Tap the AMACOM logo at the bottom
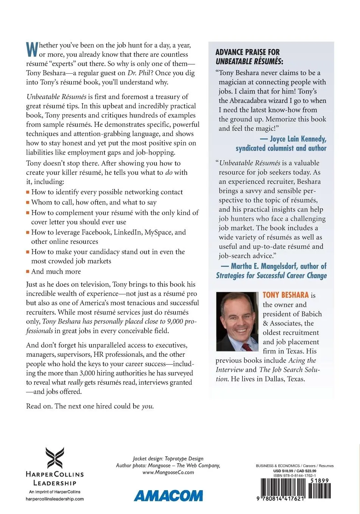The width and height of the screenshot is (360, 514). pyautogui.click(x=168, y=495)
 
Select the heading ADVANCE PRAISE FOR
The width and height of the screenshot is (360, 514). pyautogui.click(x=247, y=52)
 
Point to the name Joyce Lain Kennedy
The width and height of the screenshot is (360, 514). pyautogui.click(x=298, y=139)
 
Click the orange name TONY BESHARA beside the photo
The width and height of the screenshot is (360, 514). pyautogui.click(x=286, y=295)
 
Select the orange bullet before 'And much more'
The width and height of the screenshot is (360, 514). pyautogui.click(x=28, y=272)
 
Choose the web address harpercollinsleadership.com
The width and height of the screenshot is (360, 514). pyautogui.click(x=54, y=499)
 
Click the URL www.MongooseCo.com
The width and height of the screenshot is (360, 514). pyautogui.click(x=168, y=472)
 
